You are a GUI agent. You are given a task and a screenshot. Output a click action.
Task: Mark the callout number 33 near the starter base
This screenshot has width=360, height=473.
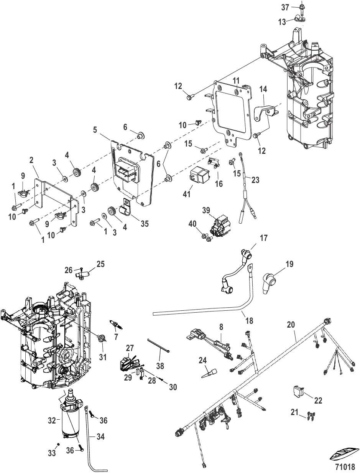(x=52, y=453)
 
